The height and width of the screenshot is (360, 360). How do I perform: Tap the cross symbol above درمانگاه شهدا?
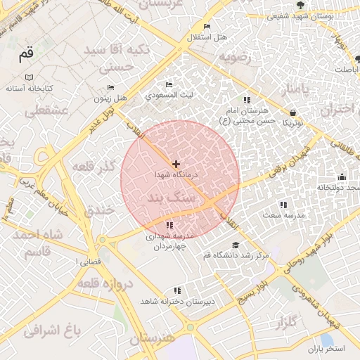(x=176, y=163)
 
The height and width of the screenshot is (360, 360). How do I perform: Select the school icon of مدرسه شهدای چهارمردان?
(x=169, y=225)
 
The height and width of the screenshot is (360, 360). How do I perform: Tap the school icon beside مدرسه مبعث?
(x=283, y=205)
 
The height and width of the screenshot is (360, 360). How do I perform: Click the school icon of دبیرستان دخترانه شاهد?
(x=177, y=290)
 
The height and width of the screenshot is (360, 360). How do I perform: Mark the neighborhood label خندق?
(x=98, y=210)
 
